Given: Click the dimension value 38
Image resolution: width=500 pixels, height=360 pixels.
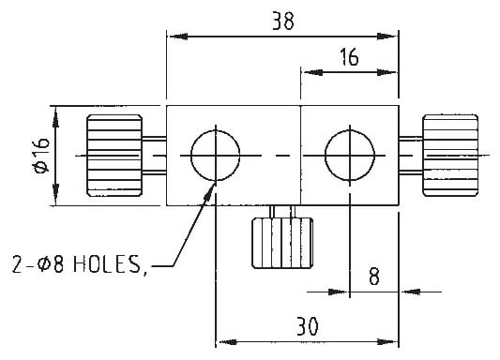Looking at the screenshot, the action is point(283,21).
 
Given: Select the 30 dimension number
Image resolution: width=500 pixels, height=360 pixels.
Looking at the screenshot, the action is point(308,326).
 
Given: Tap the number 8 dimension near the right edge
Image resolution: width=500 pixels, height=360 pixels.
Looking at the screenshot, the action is point(374,277).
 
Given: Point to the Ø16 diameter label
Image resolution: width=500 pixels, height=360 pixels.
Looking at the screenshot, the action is point(41,155).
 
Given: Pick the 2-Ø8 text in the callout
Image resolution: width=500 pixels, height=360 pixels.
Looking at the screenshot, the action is point(38,264).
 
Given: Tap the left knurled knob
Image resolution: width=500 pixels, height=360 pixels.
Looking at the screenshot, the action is point(114,156).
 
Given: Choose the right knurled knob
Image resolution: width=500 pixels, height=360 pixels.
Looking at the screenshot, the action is point(450,156).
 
